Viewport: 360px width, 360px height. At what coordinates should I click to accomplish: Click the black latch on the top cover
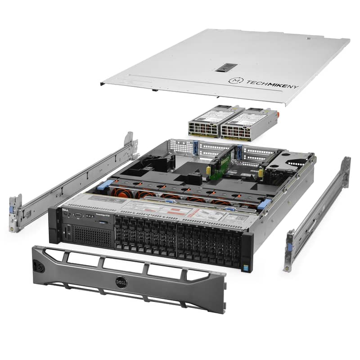click(226, 67)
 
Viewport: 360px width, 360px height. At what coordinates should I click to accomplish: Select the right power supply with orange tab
click(243, 123)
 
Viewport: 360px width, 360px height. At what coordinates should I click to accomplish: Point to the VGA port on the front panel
click(78, 216)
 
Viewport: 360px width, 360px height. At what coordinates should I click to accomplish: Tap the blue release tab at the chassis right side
click(263, 205)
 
